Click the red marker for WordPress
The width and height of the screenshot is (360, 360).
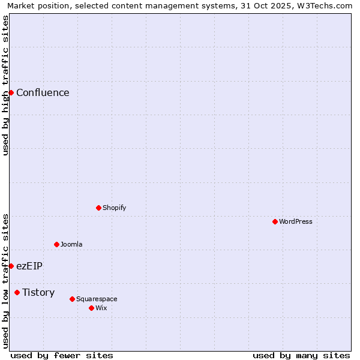(275, 221)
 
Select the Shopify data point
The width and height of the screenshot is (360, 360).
(98, 208)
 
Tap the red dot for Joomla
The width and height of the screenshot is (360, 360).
(56, 244)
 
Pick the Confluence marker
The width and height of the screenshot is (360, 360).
(11, 92)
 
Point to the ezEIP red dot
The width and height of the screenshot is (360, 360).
(11, 266)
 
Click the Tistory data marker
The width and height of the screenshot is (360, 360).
(17, 292)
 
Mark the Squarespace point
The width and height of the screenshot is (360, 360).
(72, 299)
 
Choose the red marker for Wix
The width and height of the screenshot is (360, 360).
(91, 308)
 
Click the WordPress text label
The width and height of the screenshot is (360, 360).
(296, 221)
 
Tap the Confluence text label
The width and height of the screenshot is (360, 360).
(43, 92)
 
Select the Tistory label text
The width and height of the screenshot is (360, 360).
(38, 292)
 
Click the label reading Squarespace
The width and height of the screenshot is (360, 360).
(97, 299)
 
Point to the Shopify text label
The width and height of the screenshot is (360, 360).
(114, 208)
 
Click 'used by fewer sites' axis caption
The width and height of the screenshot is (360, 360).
(62, 355)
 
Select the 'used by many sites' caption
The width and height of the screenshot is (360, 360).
(301, 355)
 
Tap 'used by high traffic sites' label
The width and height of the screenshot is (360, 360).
(5, 85)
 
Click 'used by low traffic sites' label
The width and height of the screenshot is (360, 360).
(5, 280)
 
